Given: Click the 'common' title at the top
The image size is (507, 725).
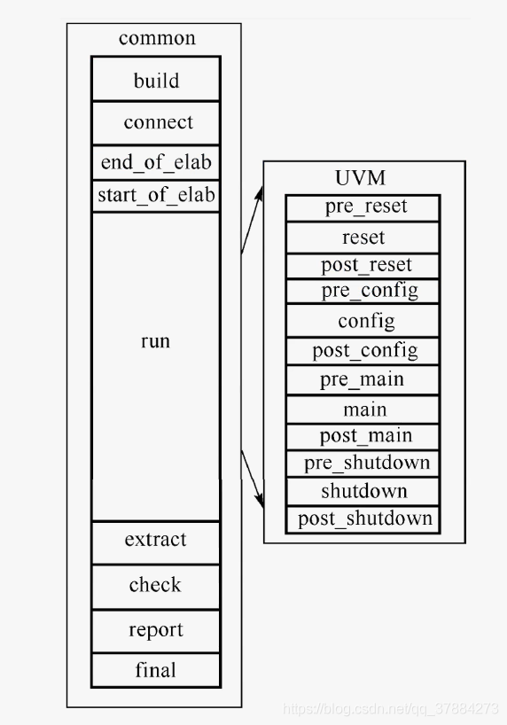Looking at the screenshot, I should coord(157,38).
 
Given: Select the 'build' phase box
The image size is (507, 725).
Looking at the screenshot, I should coord(156,81).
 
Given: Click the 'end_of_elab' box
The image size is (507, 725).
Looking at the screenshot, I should coord(156,162).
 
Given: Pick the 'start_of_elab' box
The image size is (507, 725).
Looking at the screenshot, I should coord(156,195).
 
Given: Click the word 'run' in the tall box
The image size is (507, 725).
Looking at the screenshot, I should coord(155,341).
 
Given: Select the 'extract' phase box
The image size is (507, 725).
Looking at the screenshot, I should coord(156,540).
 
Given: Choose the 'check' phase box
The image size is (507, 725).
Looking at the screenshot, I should coord(155,585).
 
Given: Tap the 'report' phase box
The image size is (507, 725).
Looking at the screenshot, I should coord(156,630).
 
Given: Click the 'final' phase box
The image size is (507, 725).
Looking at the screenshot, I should coord(155,670).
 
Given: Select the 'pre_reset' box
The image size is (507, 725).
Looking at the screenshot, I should coord(363,207).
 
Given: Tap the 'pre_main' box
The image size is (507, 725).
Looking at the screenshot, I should coord(362,379).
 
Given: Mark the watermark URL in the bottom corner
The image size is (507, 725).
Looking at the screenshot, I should coord(390,709).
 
